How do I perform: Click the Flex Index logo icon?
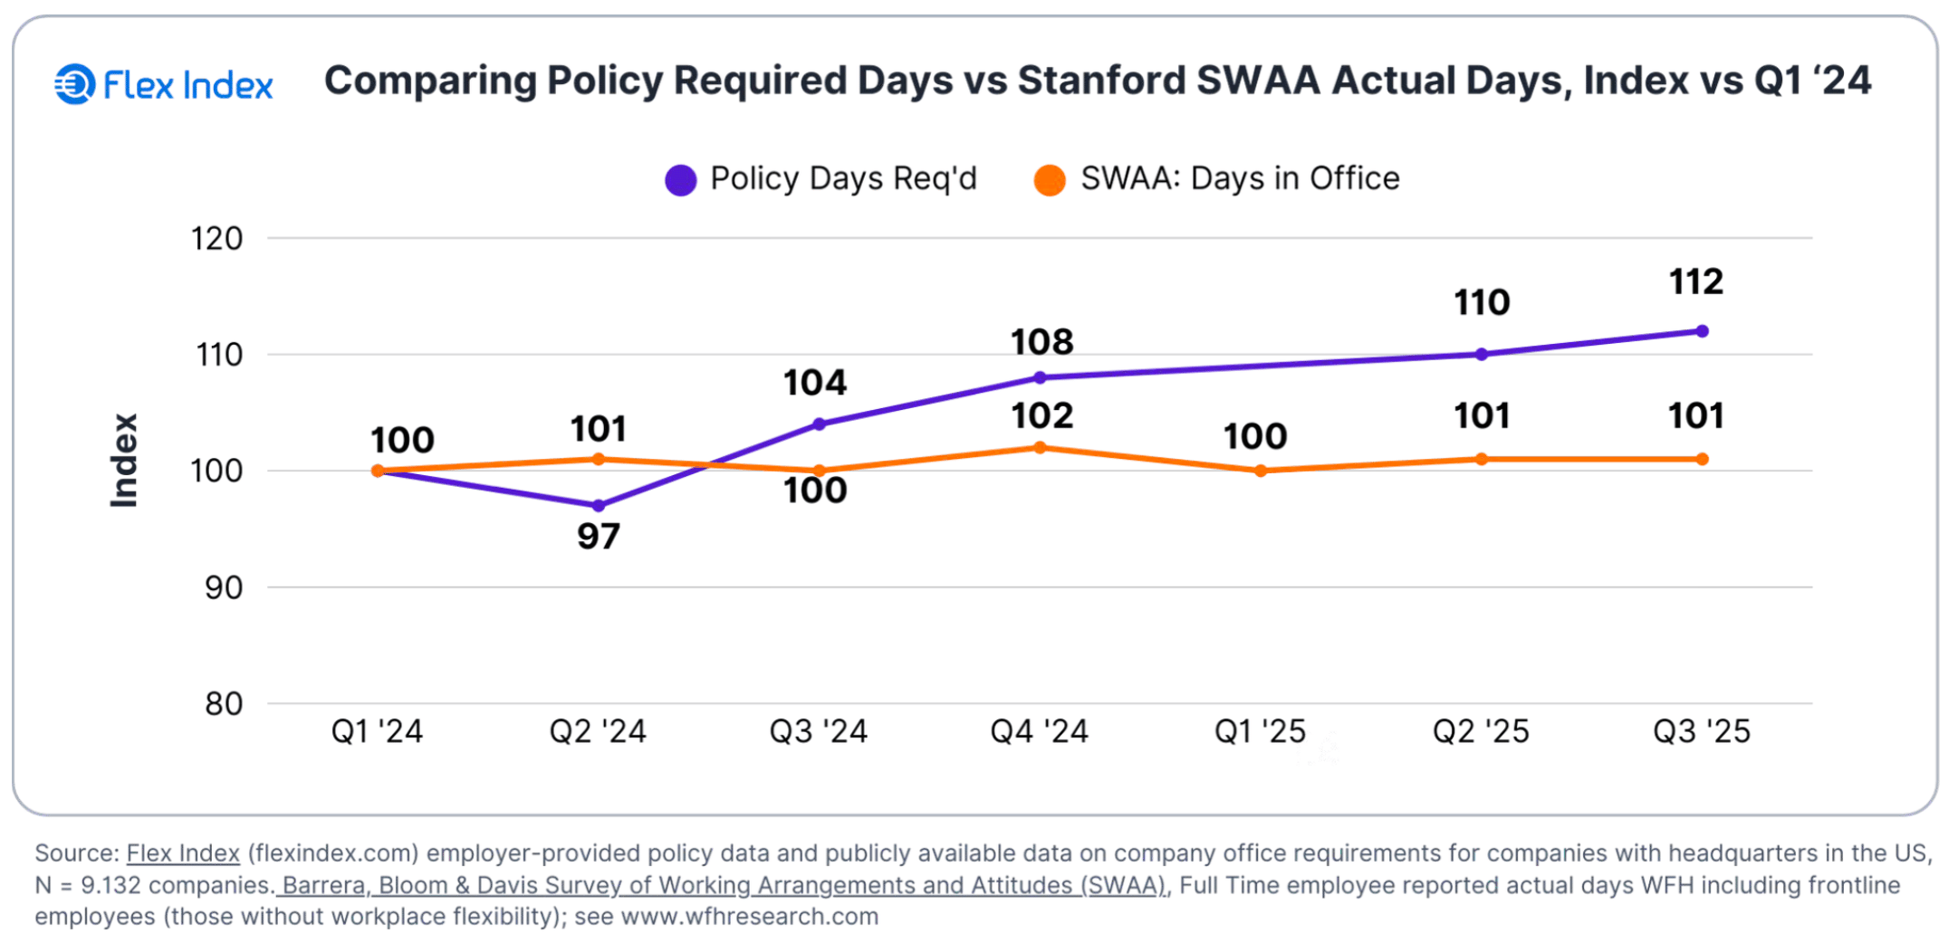[74, 84]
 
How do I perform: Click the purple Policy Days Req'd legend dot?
[680, 180]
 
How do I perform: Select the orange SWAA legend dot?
[1050, 180]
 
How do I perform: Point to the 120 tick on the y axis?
[216, 239]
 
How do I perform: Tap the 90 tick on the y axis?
[223, 588]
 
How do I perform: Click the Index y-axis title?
[124, 461]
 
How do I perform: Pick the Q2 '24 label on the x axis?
[598, 731]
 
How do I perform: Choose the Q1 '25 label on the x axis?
[1260, 731]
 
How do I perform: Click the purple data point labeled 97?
[599, 506]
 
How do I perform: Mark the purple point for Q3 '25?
[1702, 331]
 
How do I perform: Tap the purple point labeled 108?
[1040, 377]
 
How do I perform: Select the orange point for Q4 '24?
[1040, 448]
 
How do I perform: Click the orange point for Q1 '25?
[1261, 471]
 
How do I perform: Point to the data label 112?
[1696, 282]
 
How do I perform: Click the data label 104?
[815, 383]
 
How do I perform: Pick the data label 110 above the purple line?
[1482, 302]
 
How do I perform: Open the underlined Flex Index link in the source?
[183, 853]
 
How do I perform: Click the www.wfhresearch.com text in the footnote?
[749, 917]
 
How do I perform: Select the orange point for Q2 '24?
[599, 460]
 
